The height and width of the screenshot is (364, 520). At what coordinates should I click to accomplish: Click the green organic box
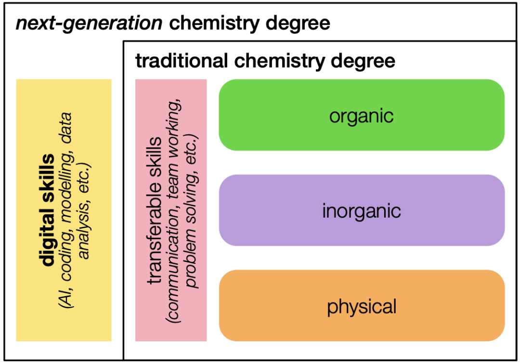(x=362, y=116)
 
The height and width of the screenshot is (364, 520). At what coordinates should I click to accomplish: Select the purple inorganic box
(x=362, y=211)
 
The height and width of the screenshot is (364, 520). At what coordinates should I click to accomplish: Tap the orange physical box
(x=362, y=306)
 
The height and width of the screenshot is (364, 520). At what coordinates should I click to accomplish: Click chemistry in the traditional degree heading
(x=279, y=61)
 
